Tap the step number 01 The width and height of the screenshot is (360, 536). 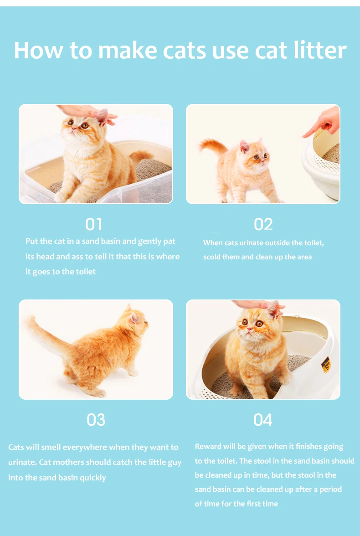[94, 225]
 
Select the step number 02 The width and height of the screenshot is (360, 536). [263, 225]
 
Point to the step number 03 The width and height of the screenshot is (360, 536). [96, 420]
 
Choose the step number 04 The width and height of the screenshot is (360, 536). [262, 420]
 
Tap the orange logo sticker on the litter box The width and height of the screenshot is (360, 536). [325, 365]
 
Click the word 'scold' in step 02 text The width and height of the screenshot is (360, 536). [211, 257]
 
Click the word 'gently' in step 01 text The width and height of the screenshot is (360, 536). [150, 242]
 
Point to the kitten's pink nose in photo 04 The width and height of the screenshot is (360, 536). [249, 329]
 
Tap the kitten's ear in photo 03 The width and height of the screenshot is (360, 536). [134, 318]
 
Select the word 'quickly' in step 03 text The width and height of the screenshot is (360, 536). [93, 478]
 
